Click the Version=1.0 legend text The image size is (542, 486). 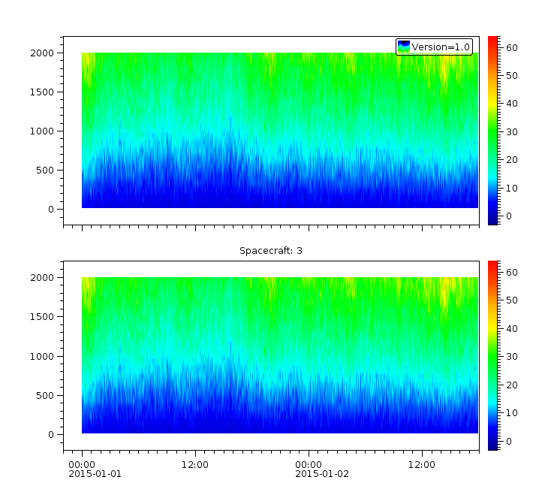coord(441,47)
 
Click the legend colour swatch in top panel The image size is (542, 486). coord(404,47)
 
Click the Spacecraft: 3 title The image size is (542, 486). coord(271,250)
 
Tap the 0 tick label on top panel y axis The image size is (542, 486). coord(51,210)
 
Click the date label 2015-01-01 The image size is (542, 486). coord(95,474)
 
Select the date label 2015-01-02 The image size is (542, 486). coord(321,474)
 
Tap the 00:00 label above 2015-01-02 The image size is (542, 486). coord(309,464)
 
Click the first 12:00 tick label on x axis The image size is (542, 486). coord(195,464)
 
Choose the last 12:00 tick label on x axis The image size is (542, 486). coord(421,464)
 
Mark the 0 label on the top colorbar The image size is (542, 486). coord(508,216)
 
